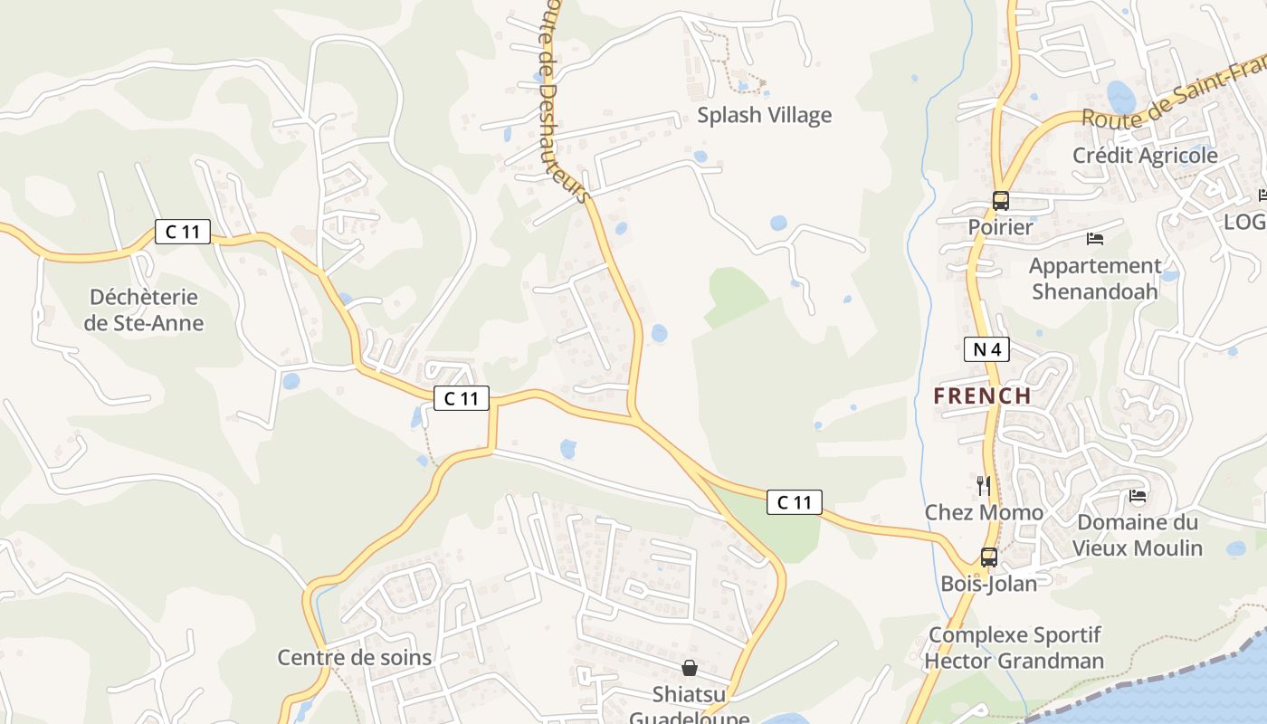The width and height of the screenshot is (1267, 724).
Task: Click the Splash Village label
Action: click(764, 115)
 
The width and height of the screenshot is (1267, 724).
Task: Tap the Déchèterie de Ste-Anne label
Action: click(144, 310)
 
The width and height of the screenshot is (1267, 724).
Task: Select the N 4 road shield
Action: click(986, 349)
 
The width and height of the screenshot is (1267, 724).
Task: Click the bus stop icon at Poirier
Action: click(1000, 201)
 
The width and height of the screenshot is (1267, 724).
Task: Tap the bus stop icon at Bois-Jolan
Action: click(989, 557)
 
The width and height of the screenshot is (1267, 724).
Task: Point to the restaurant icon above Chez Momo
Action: click(984, 486)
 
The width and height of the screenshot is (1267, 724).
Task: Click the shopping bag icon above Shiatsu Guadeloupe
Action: click(690, 668)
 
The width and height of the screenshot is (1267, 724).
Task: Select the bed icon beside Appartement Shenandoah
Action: click(1095, 239)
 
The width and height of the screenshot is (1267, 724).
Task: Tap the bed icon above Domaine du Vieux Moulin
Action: click(1138, 496)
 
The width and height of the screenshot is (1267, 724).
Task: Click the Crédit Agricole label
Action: click(1145, 155)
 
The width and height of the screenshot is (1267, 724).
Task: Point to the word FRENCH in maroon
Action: click(982, 395)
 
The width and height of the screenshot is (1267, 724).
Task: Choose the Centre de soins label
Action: click(355, 657)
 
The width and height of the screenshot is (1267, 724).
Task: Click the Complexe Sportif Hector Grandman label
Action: click(1014, 648)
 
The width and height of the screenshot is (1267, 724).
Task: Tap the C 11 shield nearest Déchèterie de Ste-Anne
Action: click(183, 232)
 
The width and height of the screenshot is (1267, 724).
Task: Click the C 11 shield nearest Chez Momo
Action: click(795, 502)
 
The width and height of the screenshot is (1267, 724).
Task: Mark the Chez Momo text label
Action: click(984, 512)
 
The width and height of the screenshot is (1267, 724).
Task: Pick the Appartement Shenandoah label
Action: click(1095, 279)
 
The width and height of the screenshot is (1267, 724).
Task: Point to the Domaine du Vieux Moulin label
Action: click(1138, 535)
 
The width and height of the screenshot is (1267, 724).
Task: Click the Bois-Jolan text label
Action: click(989, 584)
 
